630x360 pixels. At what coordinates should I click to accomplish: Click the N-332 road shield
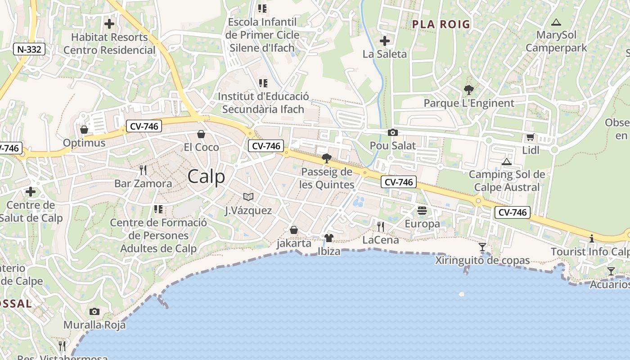(29, 49)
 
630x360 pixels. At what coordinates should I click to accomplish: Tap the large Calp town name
(206, 176)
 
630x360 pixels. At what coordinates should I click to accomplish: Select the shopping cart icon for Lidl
(530, 137)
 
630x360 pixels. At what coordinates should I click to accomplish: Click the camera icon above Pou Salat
(392, 132)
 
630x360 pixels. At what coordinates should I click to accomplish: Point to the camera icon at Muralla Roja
(94, 311)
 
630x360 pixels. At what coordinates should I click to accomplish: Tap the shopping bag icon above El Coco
(201, 134)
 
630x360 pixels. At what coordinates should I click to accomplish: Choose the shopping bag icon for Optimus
(84, 130)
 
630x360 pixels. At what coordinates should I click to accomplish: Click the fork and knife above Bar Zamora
(143, 170)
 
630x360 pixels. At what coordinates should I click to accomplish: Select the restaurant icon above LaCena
(381, 226)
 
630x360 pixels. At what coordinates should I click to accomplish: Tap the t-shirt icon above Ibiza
(328, 238)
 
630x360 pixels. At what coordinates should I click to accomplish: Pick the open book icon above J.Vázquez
(248, 197)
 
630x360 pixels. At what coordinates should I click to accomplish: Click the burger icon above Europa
(422, 210)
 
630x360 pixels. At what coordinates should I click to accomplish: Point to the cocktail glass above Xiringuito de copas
(482, 247)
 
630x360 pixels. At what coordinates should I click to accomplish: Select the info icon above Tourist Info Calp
(592, 238)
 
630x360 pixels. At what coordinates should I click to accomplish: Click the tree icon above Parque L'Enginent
(469, 90)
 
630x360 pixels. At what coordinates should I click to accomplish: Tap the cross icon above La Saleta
(385, 41)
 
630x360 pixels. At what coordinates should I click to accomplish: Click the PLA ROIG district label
(441, 24)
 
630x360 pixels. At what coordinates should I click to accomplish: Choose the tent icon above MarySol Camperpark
(556, 22)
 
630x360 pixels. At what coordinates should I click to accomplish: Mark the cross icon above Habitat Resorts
(109, 23)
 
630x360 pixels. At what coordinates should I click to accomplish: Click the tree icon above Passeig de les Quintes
(327, 158)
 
